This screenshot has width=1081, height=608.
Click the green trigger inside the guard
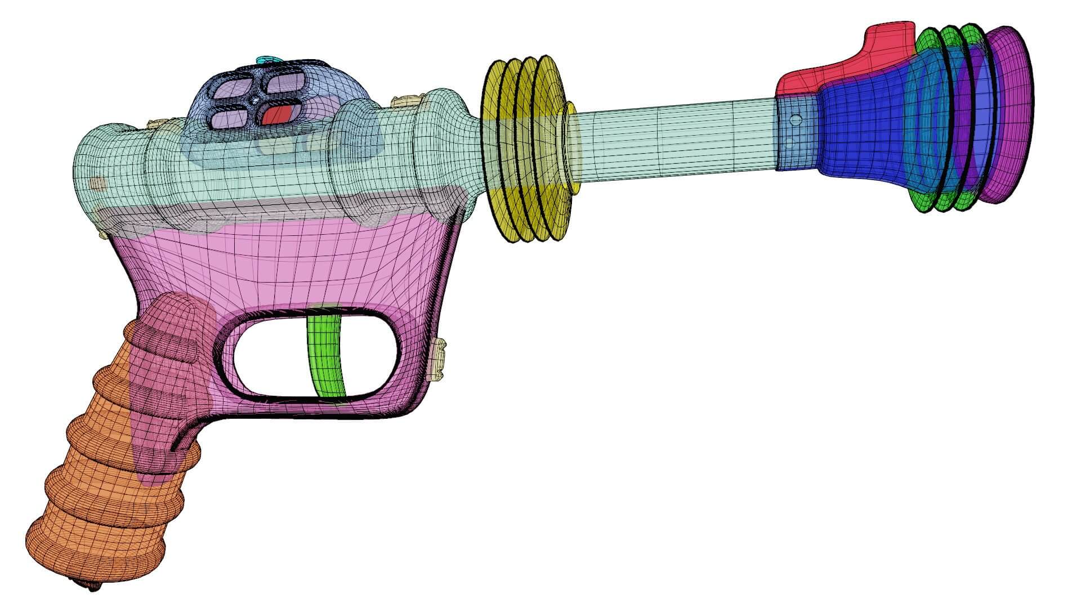tap(327, 355)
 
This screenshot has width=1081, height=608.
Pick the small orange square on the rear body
tap(98, 183)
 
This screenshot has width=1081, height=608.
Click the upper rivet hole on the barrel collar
tap(796, 120)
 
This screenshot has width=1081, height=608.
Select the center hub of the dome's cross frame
tap(256, 101)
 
